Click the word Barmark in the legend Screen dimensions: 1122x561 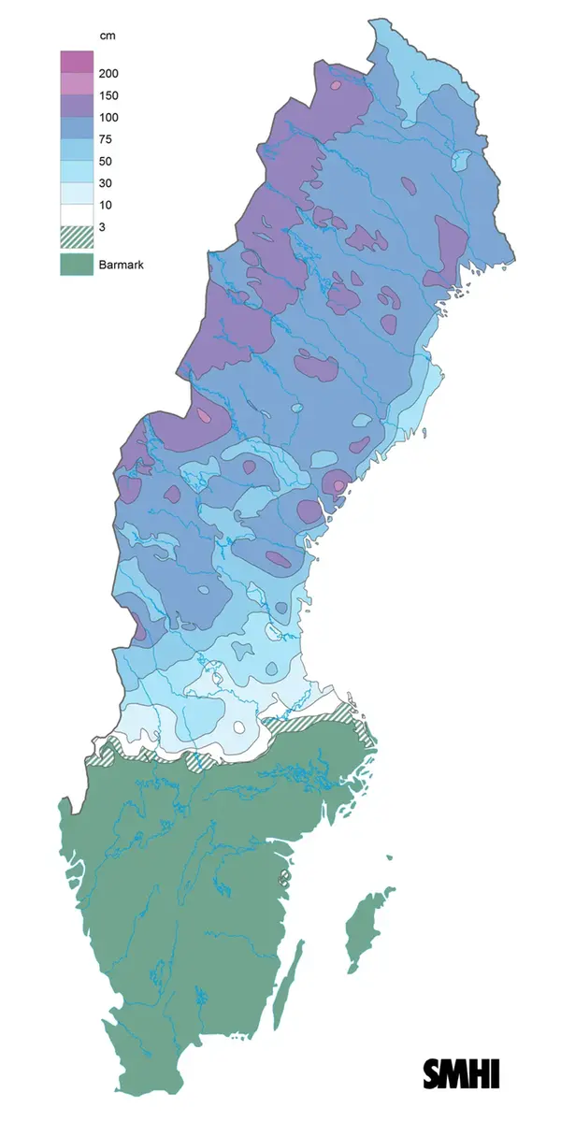120,266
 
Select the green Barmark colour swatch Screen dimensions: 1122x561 77,266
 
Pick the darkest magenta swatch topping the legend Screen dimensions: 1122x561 77,62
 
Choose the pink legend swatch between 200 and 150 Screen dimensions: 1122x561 77,84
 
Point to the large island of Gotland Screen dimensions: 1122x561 359,930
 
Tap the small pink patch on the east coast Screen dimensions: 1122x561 338,485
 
